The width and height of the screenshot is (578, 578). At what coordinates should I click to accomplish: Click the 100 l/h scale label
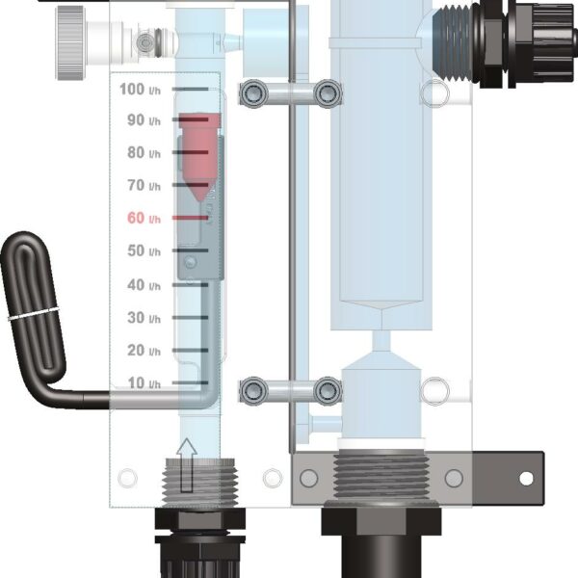click(x=140, y=89)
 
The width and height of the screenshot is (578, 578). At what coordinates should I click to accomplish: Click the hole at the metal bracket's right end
click(x=525, y=478)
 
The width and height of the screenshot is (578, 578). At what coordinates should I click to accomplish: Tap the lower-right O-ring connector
click(x=328, y=389)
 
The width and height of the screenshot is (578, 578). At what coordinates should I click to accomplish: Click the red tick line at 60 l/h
click(x=190, y=219)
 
